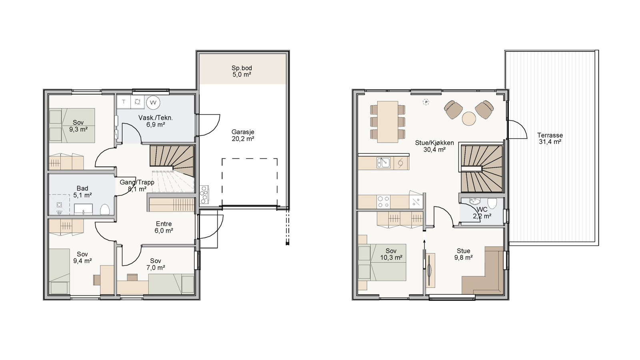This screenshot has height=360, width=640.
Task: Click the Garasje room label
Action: (242, 135)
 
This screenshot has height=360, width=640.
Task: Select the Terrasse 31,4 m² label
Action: (550, 139)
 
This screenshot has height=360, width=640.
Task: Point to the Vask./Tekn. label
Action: (156, 121)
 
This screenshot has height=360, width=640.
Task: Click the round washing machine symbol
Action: (153, 103)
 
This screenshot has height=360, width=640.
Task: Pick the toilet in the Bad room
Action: (105, 209)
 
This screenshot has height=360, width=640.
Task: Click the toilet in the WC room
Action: (492, 203)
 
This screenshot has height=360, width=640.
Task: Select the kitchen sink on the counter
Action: (384, 163)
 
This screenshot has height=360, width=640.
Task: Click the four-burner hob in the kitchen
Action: (384, 201)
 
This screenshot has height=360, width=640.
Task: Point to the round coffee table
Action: (469, 119)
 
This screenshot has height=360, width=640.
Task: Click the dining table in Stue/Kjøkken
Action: (388, 122)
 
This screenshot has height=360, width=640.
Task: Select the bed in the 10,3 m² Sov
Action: (382, 262)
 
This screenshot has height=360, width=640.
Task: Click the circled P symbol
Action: (426, 102)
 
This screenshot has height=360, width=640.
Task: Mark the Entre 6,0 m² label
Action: (164, 227)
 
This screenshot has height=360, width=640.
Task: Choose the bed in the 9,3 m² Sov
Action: (72, 125)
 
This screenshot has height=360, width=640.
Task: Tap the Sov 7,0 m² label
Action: (156, 264)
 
